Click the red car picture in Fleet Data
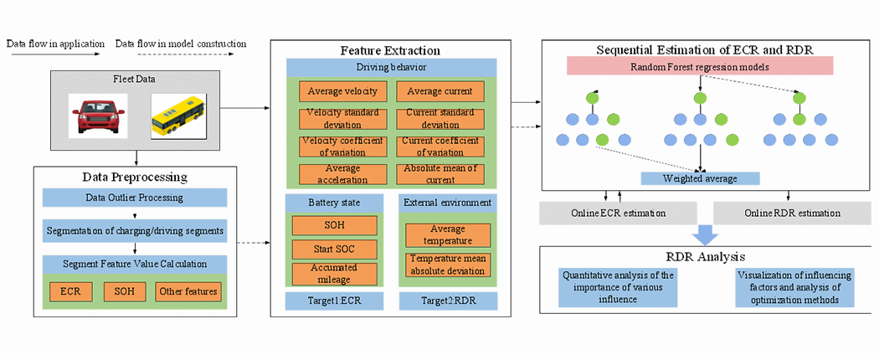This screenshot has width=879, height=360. pyautogui.click(x=98, y=115)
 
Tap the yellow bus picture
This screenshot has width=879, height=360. pyautogui.click(x=176, y=116)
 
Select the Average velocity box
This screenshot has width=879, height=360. pyautogui.click(x=342, y=90)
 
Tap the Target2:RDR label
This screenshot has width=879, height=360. pyautogui.click(x=448, y=301)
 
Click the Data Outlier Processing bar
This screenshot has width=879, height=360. pyautogui.click(x=135, y=198)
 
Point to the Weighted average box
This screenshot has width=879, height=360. pyautogui.click(x=700, y=178)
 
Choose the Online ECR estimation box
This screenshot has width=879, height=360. pyautogui.click(x=619, y=213)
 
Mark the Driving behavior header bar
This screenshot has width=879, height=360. pyautogui.click(x=391, y=66)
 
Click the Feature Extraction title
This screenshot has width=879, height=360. pyautogui.click(x=391, y=50)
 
